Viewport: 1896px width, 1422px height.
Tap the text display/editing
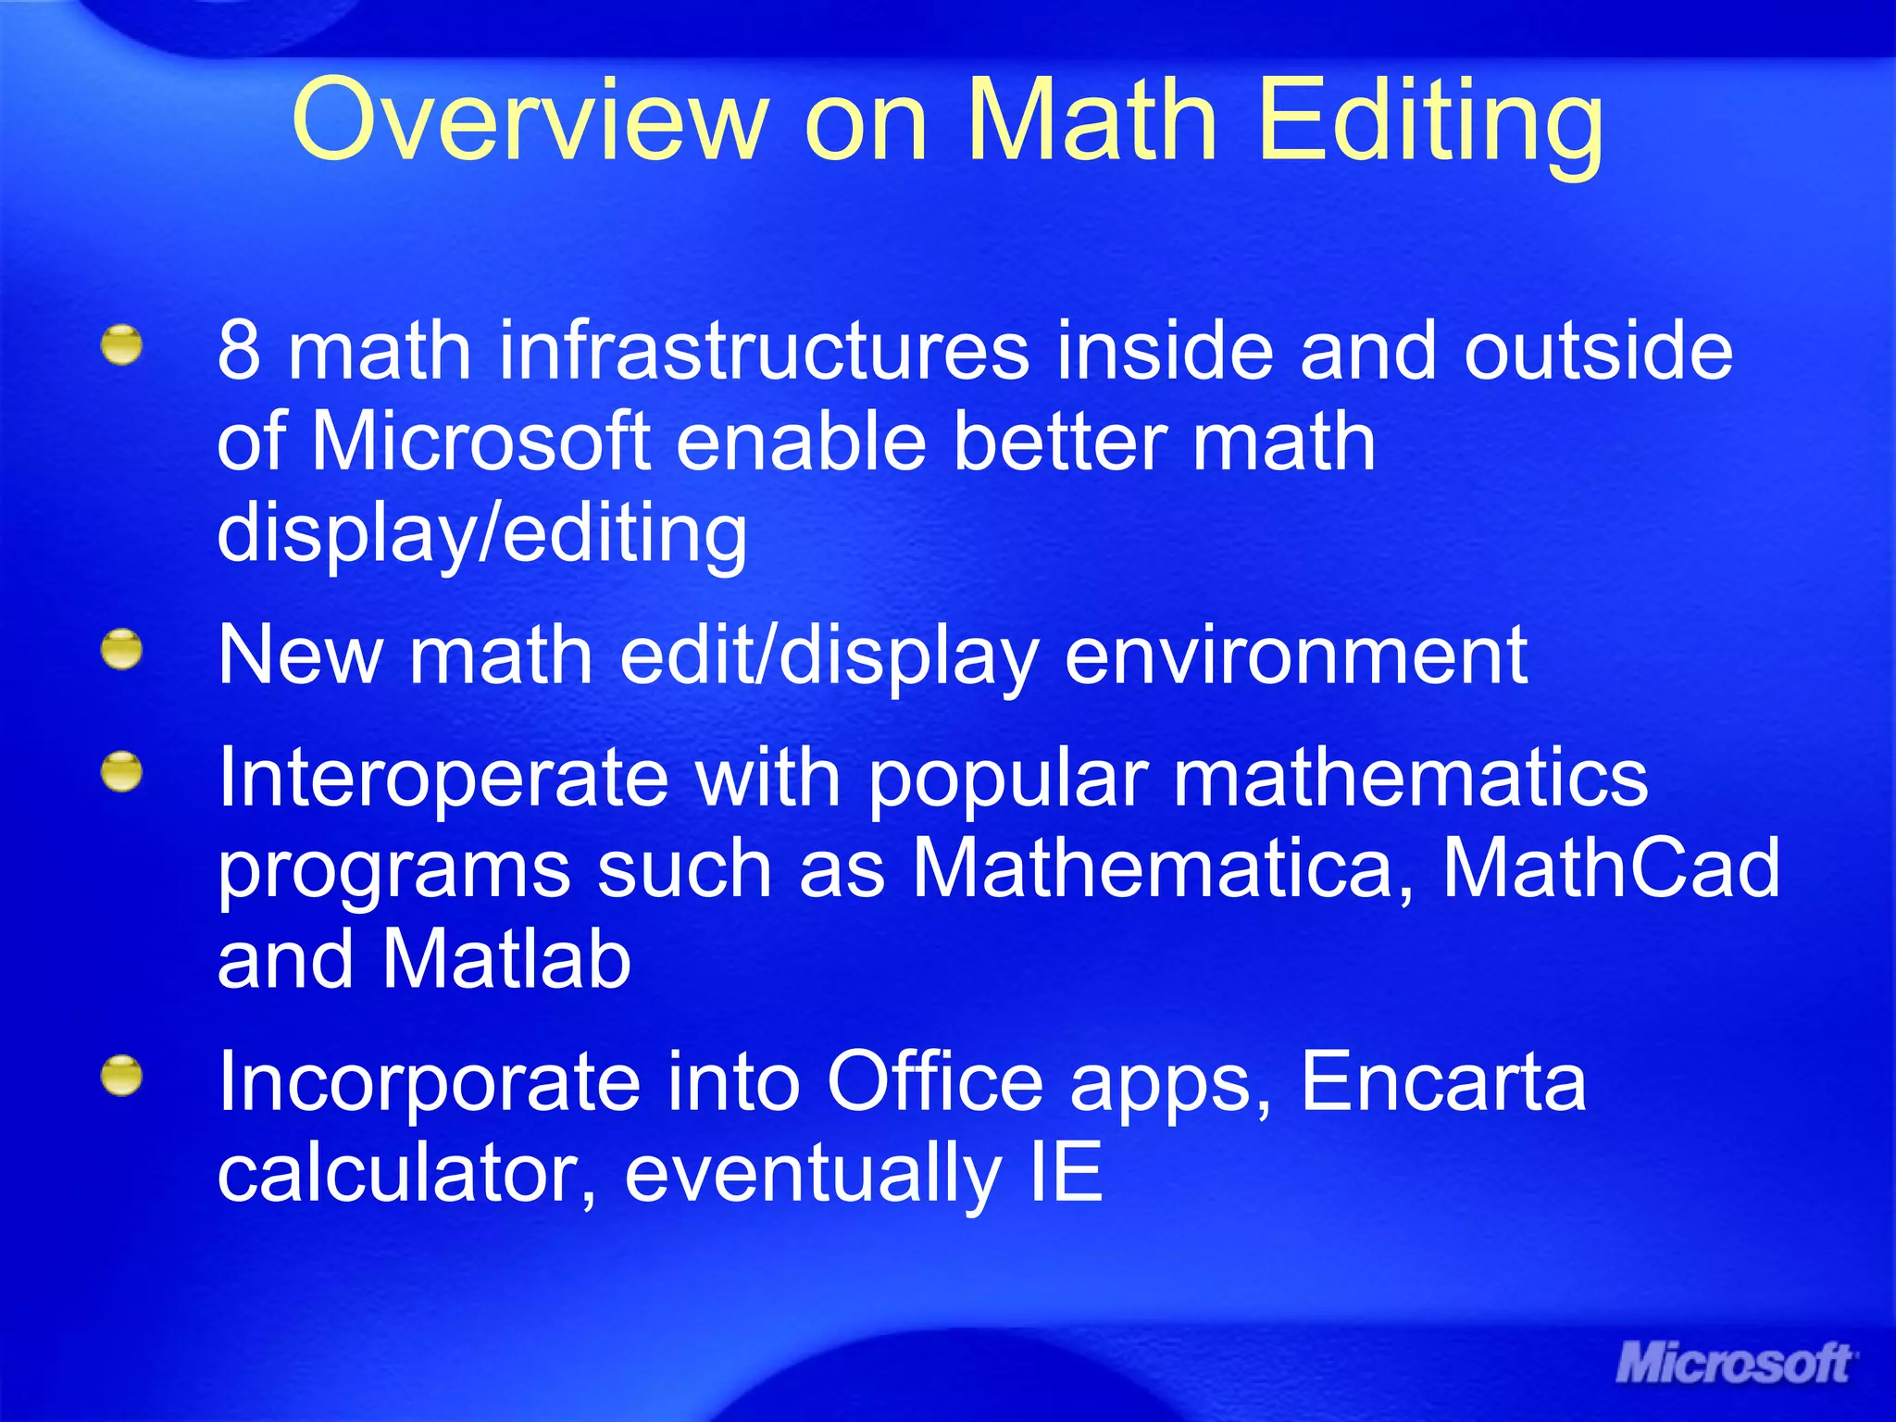pos(481,534)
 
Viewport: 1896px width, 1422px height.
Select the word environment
pos(1296,655)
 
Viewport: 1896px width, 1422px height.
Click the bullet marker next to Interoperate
pos(122,771)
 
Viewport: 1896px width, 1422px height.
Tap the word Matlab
pos(506,959)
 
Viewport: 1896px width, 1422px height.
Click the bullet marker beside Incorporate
pos(122,1076)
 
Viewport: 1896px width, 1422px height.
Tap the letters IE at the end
pos(1066,1173)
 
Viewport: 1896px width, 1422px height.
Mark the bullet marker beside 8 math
pos(122,344)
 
